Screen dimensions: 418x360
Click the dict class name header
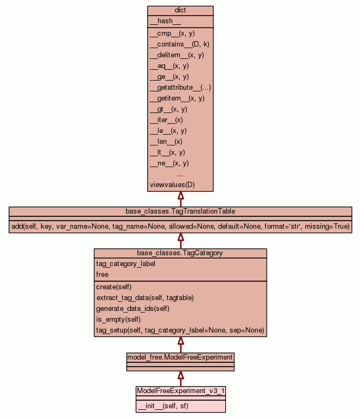pos(180,11)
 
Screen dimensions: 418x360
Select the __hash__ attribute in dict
pos(161,21)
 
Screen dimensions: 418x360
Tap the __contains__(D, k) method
pos(179,44)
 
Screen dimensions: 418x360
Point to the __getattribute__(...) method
pos(180,88)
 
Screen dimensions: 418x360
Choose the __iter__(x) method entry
pos(166,120)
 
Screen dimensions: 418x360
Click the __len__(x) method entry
pos(166,142)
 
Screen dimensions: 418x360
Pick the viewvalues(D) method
pos(172,185)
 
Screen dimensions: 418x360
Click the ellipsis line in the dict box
pos(180,174)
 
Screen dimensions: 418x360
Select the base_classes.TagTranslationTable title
pos(180,211)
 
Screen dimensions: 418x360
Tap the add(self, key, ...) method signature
pos(180,226)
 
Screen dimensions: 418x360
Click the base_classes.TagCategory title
pos(180,253)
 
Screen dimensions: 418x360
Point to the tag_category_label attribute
pos(126,264)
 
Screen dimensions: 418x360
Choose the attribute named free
pos(102,275)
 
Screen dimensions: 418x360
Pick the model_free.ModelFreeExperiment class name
pos(180,357)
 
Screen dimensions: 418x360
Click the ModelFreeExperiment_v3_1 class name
pos(180,390)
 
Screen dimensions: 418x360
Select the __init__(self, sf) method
pos(163,406)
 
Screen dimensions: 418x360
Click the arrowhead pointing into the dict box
pos(180,196)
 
